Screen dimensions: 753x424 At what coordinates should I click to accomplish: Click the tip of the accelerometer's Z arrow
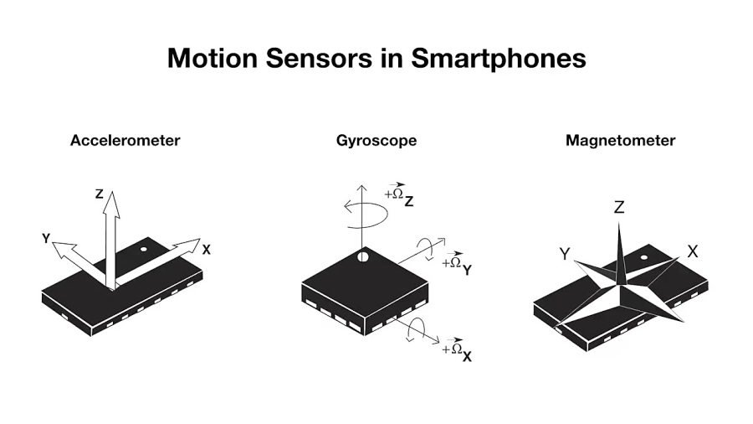coord(112,191)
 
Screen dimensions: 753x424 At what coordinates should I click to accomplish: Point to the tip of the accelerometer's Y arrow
coord(53,243)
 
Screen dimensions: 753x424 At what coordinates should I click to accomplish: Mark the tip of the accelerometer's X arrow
coord(200,239)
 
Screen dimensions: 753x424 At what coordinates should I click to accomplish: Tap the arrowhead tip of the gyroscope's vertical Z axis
coord(362,185)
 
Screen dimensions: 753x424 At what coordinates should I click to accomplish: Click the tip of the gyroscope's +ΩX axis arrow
coord(439,344)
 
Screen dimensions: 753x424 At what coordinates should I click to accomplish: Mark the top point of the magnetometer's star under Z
coord(619,222)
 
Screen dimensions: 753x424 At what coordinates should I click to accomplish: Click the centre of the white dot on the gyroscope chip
coord(363,257)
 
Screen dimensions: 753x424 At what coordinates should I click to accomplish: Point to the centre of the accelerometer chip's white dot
coord(143,250)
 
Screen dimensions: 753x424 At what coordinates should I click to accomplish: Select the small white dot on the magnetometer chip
coord(644,258)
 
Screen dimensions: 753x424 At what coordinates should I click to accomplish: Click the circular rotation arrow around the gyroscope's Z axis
coord(366,214)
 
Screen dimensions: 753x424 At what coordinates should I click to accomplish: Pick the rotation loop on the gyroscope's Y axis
coord(425,249)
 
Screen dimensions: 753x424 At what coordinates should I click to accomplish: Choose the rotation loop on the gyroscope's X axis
coord(416,330)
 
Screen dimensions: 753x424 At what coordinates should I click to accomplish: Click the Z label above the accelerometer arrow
coord(100,194)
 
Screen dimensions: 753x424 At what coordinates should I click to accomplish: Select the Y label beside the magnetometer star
coord(565,253)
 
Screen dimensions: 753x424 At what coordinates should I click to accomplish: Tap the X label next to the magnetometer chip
coord(693,251)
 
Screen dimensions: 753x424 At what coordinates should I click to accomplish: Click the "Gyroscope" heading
coord(376,141)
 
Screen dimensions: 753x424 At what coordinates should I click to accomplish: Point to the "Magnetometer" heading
coord(621,141)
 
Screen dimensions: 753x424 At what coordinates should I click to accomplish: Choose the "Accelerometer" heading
coord(125,141)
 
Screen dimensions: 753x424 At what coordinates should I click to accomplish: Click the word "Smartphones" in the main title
coord(499,58)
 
